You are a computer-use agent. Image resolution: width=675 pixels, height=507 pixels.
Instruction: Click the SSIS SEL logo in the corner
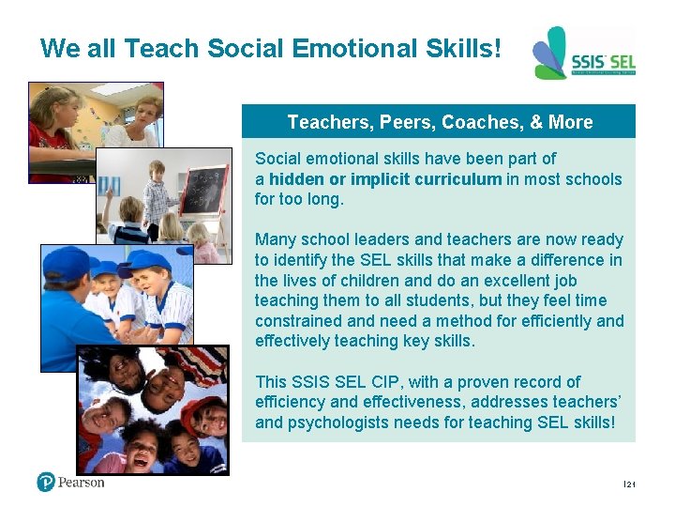(583, 54)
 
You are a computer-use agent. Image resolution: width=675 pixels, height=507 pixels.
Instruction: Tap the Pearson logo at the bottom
(70, 482)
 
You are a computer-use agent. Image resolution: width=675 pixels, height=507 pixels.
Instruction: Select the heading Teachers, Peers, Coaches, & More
(439, 122)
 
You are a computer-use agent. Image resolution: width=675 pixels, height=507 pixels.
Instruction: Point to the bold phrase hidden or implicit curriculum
(385, 179)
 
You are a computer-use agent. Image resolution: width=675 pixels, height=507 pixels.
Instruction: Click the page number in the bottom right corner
(628, 484)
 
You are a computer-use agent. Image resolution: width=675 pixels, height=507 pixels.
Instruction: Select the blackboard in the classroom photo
(203, 187)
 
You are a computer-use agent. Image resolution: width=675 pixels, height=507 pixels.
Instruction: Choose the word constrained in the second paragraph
(300, 321)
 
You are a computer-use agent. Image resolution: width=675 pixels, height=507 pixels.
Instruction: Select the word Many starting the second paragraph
(275, 240)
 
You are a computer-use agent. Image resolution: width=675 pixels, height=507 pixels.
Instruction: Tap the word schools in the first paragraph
(595, 179)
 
